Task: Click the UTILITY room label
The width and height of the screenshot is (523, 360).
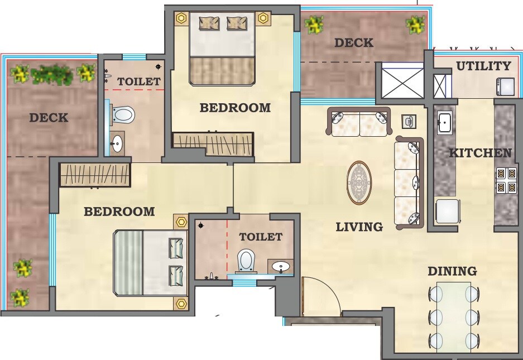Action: click(483, 66)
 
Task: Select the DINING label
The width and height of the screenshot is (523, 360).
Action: click(452, 271)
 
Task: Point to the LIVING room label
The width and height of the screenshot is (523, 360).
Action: click(359, 227)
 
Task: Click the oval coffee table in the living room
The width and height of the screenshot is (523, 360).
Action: click(359, 183)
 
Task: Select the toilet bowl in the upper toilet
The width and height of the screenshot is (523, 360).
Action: click(123, 115)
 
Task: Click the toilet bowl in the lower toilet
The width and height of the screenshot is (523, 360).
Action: click(246, 260)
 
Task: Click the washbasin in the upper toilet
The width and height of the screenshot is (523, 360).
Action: click(116, 143)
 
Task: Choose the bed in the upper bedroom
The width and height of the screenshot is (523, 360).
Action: click(222, 49)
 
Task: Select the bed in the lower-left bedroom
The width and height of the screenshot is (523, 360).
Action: click(150, 263)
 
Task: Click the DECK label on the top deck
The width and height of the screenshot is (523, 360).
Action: click(353, 43)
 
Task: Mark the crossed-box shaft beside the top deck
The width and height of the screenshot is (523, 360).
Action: click(400, 81)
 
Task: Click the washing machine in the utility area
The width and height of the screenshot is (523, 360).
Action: click(506, 86)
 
